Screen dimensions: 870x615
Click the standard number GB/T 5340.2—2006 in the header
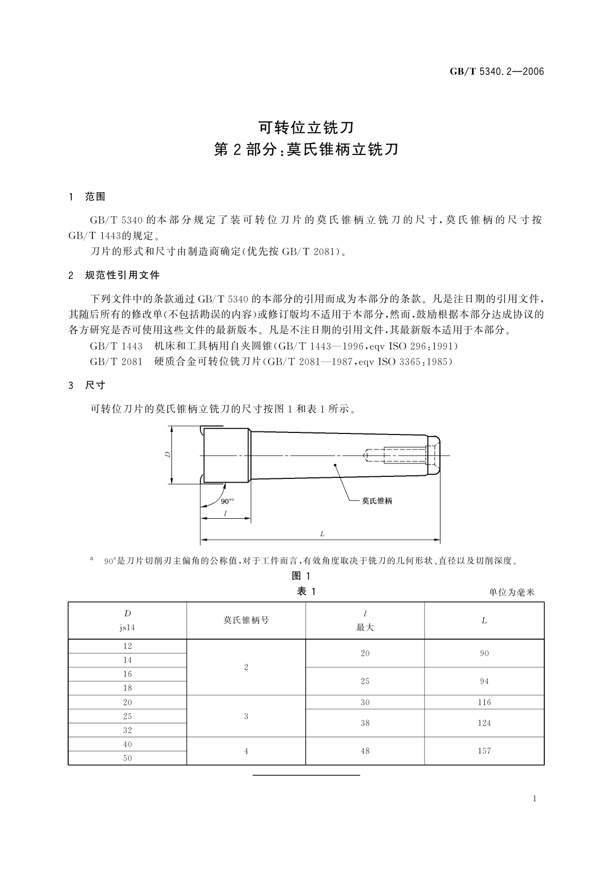tap(497, 72)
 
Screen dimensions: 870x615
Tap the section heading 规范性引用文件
tap(122, 275)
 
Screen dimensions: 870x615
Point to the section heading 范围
tap(95, 197)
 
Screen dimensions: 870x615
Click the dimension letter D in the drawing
tap(167, 455)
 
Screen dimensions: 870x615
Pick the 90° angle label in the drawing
tap(227, 501)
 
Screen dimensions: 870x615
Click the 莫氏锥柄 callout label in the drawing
tap(376, 501)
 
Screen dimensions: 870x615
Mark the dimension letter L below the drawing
tap(322, 534)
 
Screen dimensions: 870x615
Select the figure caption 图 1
tap(301, 576)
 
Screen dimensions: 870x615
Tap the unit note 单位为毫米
tap(511, 593)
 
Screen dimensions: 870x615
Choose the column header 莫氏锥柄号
tap(246, 620)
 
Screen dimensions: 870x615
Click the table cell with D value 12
tap(128, 646)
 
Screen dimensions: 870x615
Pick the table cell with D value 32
tap(128, 730)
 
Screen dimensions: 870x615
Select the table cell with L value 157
tap(484, 751)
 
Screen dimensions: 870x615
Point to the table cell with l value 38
tap(365, 723)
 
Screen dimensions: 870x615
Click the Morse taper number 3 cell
tap(246, 716)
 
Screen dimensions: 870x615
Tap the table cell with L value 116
tap(484, 702)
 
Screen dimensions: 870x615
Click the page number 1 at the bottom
tap(534, 799)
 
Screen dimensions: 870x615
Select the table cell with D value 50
tap(128, 758)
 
